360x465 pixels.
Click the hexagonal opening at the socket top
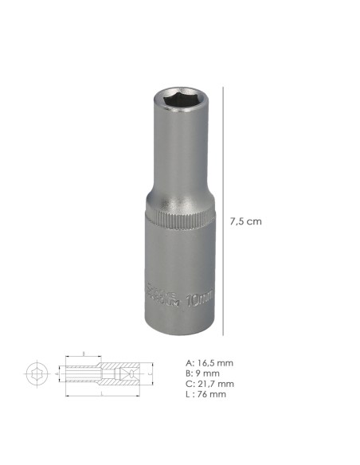coord(179,98)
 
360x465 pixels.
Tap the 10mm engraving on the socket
coord(202,300)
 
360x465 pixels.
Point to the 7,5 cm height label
coord(245,221)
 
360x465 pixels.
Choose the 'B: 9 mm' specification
coord(202,373)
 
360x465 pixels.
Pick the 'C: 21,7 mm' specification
coord(209,384)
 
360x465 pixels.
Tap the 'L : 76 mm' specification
coord(205,394)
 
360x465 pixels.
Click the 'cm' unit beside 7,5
coord(254,221)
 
